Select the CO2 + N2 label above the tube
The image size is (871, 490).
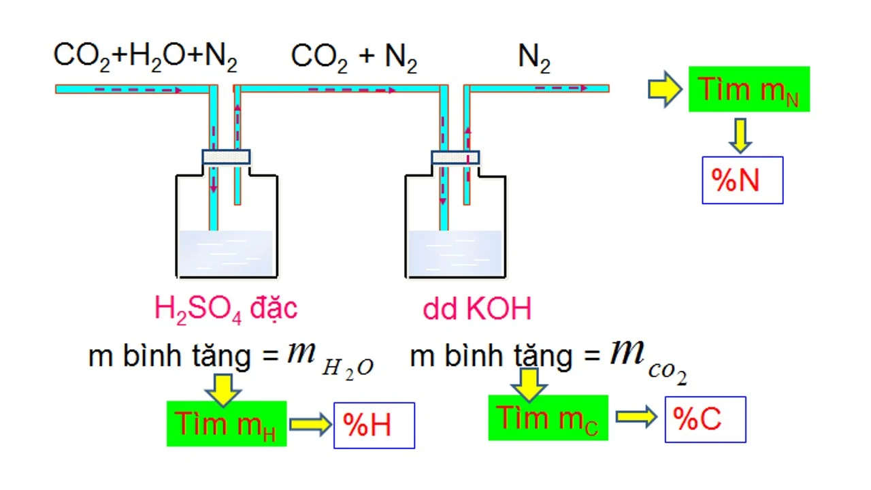click(354, 58)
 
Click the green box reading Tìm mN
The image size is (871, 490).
click(749, 89)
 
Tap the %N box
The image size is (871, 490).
click(742, 180)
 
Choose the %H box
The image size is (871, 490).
click(374, 425)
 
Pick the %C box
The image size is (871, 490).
click(705, 419)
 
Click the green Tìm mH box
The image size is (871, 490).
click(227, 424)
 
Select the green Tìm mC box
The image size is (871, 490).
click(548, 418)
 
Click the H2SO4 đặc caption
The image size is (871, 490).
click(226, 308)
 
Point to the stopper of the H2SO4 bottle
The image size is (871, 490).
click(226, 157)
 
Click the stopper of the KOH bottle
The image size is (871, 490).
click(455, 158)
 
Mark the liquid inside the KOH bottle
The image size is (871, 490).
click(455, 253)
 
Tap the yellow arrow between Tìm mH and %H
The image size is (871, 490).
click(310, 425)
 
